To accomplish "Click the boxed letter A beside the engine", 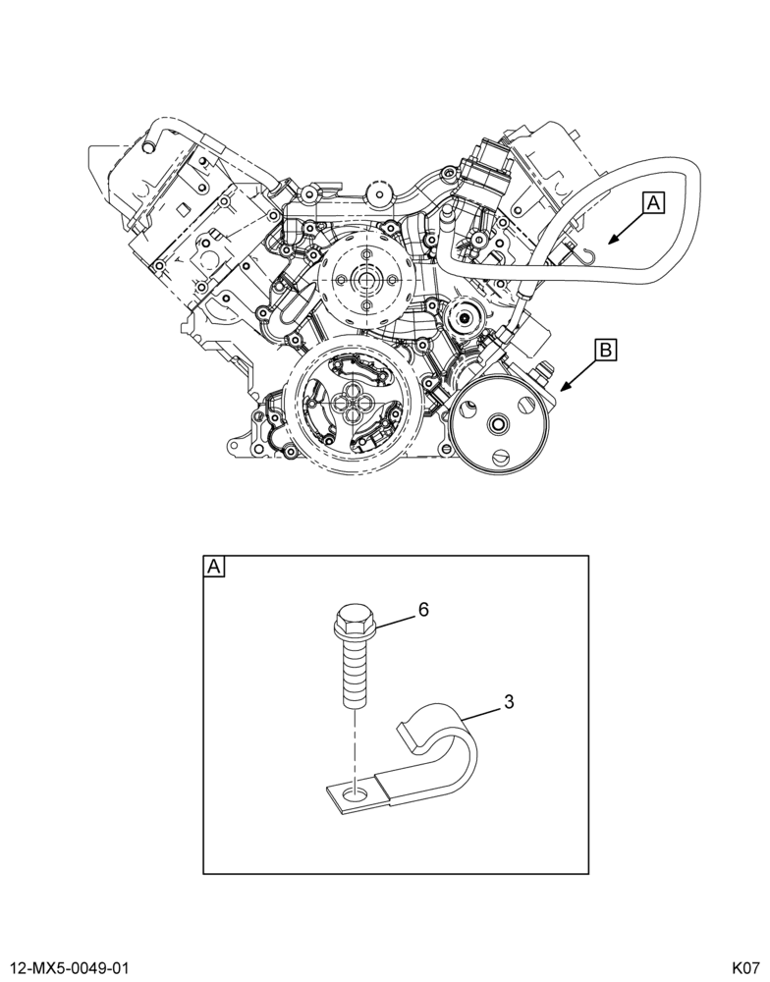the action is pyautogui.click(x=653, y=203).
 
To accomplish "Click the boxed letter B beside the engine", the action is pyautogui.click(x=605, y=350).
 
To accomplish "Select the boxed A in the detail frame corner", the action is pyautogui.click(x=214, y=567).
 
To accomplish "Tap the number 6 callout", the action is pyautogui.click(x=423, y=610).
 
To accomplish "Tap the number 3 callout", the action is pyautogui.click(x=509, y=702).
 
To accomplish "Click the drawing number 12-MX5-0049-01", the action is pyautogui.click(x=66, y=968).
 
